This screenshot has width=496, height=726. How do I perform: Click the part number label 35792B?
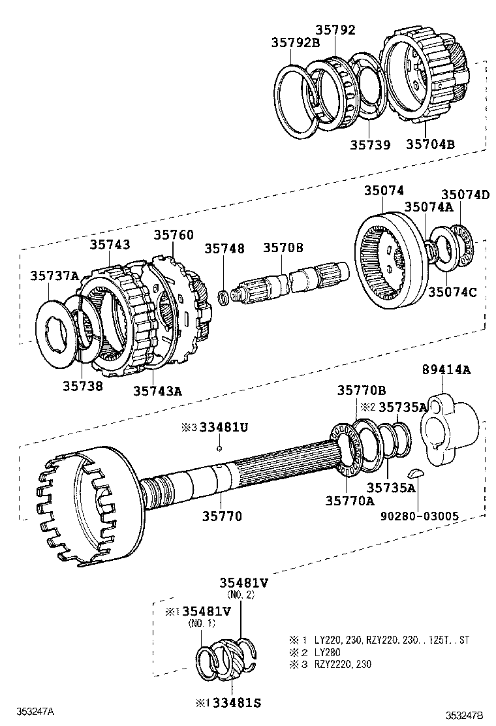[x=295, y=42]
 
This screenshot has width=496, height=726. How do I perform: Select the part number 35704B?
[x=429, y=144]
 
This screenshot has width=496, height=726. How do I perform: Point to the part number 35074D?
[x=465, y=194]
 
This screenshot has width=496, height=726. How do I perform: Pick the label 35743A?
[x=157, y=390]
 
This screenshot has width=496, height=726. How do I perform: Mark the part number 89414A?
[x=446, y=369]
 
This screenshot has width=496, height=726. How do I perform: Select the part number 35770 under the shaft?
[x=220, y=516]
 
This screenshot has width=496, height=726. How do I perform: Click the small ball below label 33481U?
[x=220, y=449]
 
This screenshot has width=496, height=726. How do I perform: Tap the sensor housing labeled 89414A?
[x=449, y=428]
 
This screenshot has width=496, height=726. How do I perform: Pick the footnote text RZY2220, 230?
[x=345, y=665]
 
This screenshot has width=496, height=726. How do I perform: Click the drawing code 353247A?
[x=35, y=711]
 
